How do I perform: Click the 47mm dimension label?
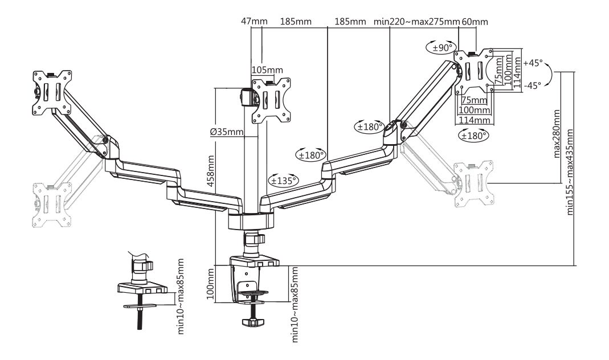point(254,22)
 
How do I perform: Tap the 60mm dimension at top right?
point(475,22)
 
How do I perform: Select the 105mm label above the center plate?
point(267,70)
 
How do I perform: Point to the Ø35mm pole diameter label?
point(226,132)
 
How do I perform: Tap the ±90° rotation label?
point(443,48)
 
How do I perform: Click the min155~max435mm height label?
point(570,171)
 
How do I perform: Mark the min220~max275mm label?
point(416,22)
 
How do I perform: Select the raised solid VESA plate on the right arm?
point(474,71)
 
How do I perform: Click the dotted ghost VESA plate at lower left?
point(51,204)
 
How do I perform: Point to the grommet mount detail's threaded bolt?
point(140,319)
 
